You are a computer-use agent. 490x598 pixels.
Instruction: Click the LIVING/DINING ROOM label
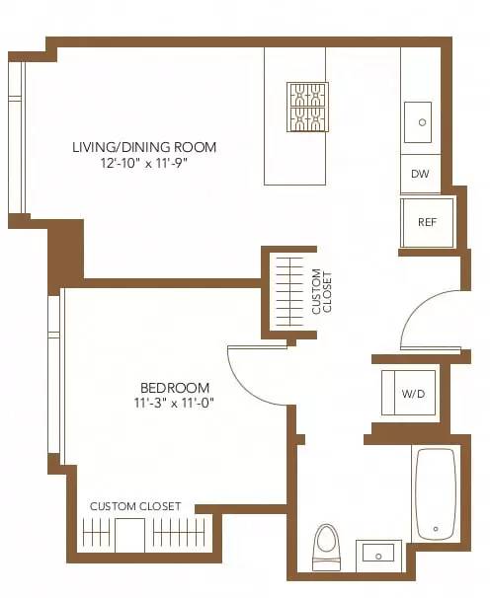pos(144,148)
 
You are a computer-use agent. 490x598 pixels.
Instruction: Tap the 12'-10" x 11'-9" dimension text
pos(144,164)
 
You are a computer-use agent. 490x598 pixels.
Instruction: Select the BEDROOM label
pos(175,387)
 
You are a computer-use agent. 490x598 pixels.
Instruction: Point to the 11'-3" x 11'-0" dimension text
pos(175,403)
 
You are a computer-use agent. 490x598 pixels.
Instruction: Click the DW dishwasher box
pos(420,175)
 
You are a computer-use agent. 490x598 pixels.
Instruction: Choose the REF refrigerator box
pos(427,222)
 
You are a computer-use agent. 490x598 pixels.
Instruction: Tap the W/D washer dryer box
pos(412,394)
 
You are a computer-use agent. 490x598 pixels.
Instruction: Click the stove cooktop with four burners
pos(307,107)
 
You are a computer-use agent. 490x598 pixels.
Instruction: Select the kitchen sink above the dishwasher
pos(421,122)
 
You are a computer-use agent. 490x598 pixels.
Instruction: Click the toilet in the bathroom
pos(325,546)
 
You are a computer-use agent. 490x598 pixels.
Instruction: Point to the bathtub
pos(435,493)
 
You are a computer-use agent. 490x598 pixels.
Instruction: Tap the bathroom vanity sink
pos(378,553)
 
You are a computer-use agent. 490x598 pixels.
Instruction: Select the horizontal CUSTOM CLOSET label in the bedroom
pos(135,506)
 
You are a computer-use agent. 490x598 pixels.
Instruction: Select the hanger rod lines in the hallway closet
pos(288,291)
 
